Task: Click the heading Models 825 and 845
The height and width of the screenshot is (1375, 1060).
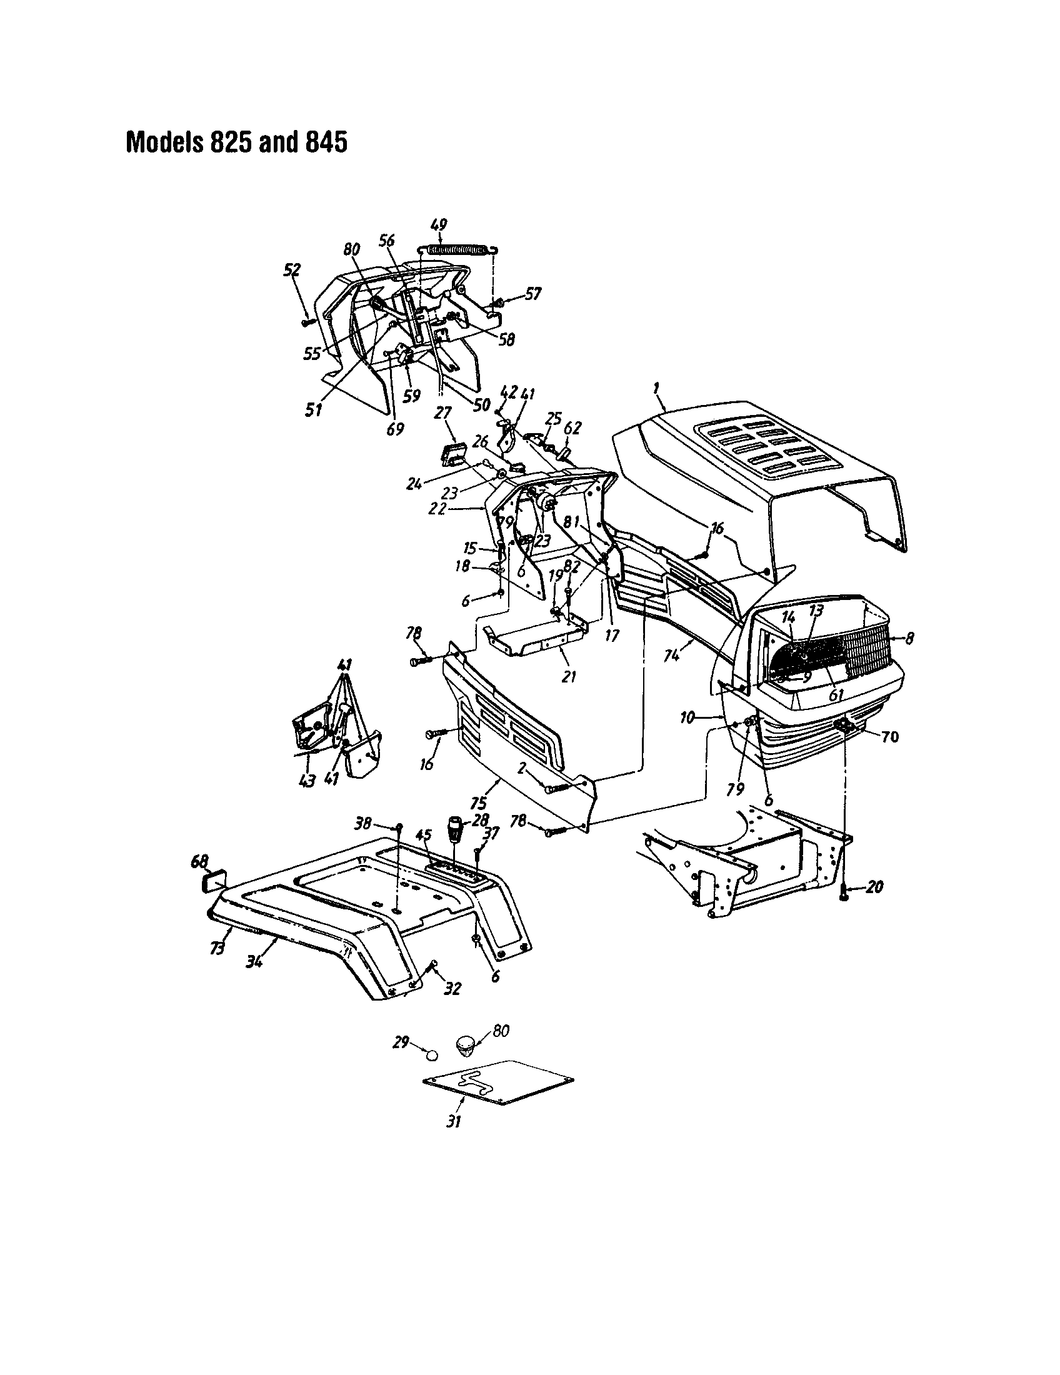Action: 236,142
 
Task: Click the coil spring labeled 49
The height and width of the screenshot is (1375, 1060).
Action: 458,250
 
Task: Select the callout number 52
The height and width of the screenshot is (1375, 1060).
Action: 292,269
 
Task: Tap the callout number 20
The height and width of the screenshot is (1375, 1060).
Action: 874,887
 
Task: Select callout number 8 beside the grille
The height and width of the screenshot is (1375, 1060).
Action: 909,638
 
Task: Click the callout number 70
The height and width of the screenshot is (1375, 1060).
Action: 889,736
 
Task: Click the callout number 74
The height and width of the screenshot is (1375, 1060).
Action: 672,655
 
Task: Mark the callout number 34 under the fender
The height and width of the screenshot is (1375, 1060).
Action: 254,961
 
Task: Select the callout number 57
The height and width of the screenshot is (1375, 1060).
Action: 532,294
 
